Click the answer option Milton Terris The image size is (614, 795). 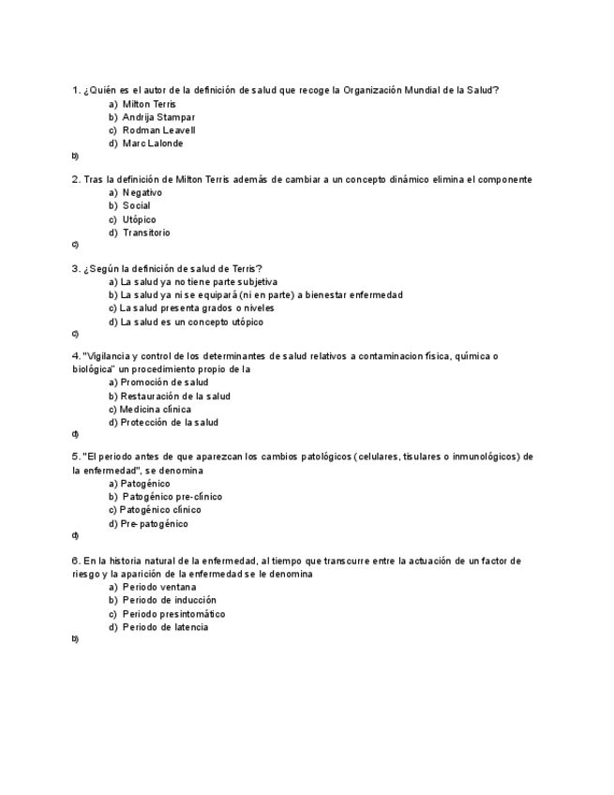pos(148,104)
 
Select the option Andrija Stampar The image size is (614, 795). pos(158,117)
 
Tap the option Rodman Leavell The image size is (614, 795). pos(158,130)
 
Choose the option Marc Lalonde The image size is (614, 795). pos(153,143)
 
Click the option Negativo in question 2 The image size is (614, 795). pos(142,192)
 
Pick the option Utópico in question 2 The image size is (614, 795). pos(139,219)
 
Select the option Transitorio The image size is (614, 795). pos(146,232)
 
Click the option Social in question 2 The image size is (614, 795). pos(136,205)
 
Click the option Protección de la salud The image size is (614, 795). pos(169,423)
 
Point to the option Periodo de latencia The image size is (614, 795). pos(165,627)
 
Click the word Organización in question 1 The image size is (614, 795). pos(373,90)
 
